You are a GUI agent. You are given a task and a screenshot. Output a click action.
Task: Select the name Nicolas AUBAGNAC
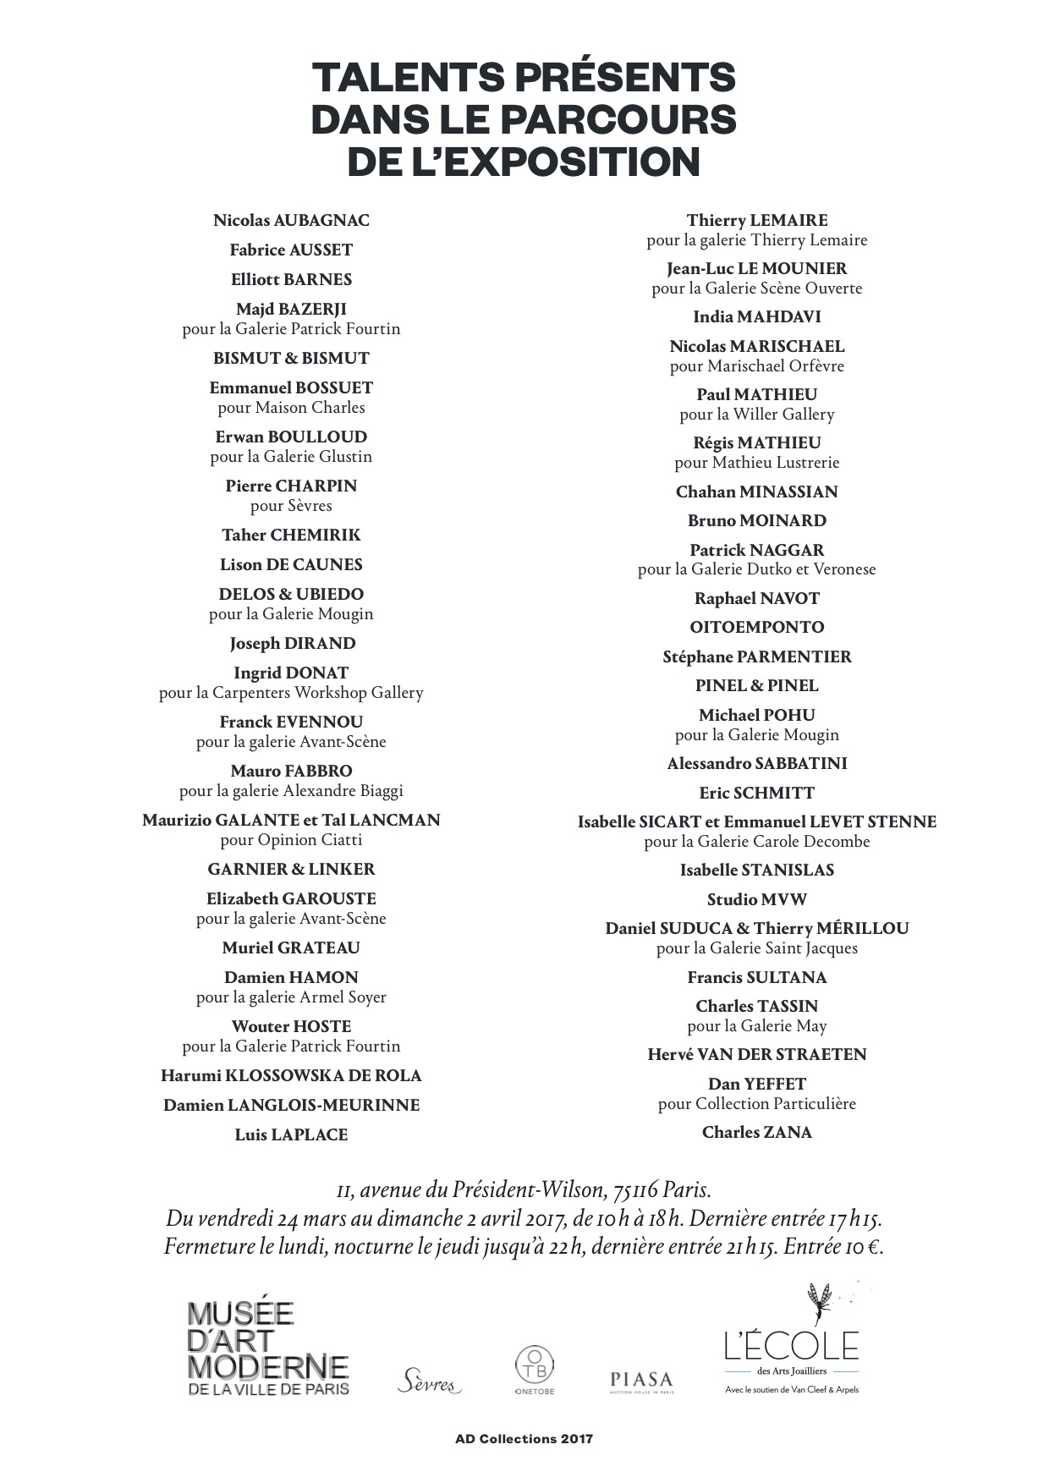(291, 221)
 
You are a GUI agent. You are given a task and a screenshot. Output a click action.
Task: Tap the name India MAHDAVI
(756, 317)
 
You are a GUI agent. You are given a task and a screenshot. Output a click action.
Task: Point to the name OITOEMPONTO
(756, 628)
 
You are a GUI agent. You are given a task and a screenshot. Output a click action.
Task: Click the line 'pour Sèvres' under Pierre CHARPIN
(291, 506)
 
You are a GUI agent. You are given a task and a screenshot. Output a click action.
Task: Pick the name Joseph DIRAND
(292, 644)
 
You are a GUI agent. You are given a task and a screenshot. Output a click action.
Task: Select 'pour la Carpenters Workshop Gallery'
(291, 693)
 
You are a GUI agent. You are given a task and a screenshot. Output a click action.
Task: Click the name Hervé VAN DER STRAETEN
(756, 1055)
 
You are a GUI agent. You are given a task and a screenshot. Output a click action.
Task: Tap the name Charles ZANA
(756, 1133)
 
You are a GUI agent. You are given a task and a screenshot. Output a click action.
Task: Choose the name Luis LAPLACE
(291, 1135)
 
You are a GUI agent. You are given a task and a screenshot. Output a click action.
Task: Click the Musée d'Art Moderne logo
(267, 1348)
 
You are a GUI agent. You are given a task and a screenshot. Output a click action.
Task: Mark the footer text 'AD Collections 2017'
(524, 1439)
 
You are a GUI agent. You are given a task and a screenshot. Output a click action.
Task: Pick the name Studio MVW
(756, 900)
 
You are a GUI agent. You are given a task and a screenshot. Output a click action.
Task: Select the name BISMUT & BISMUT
(291, 359)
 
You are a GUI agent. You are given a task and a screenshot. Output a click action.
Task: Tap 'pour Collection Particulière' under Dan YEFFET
(756, 1104)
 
